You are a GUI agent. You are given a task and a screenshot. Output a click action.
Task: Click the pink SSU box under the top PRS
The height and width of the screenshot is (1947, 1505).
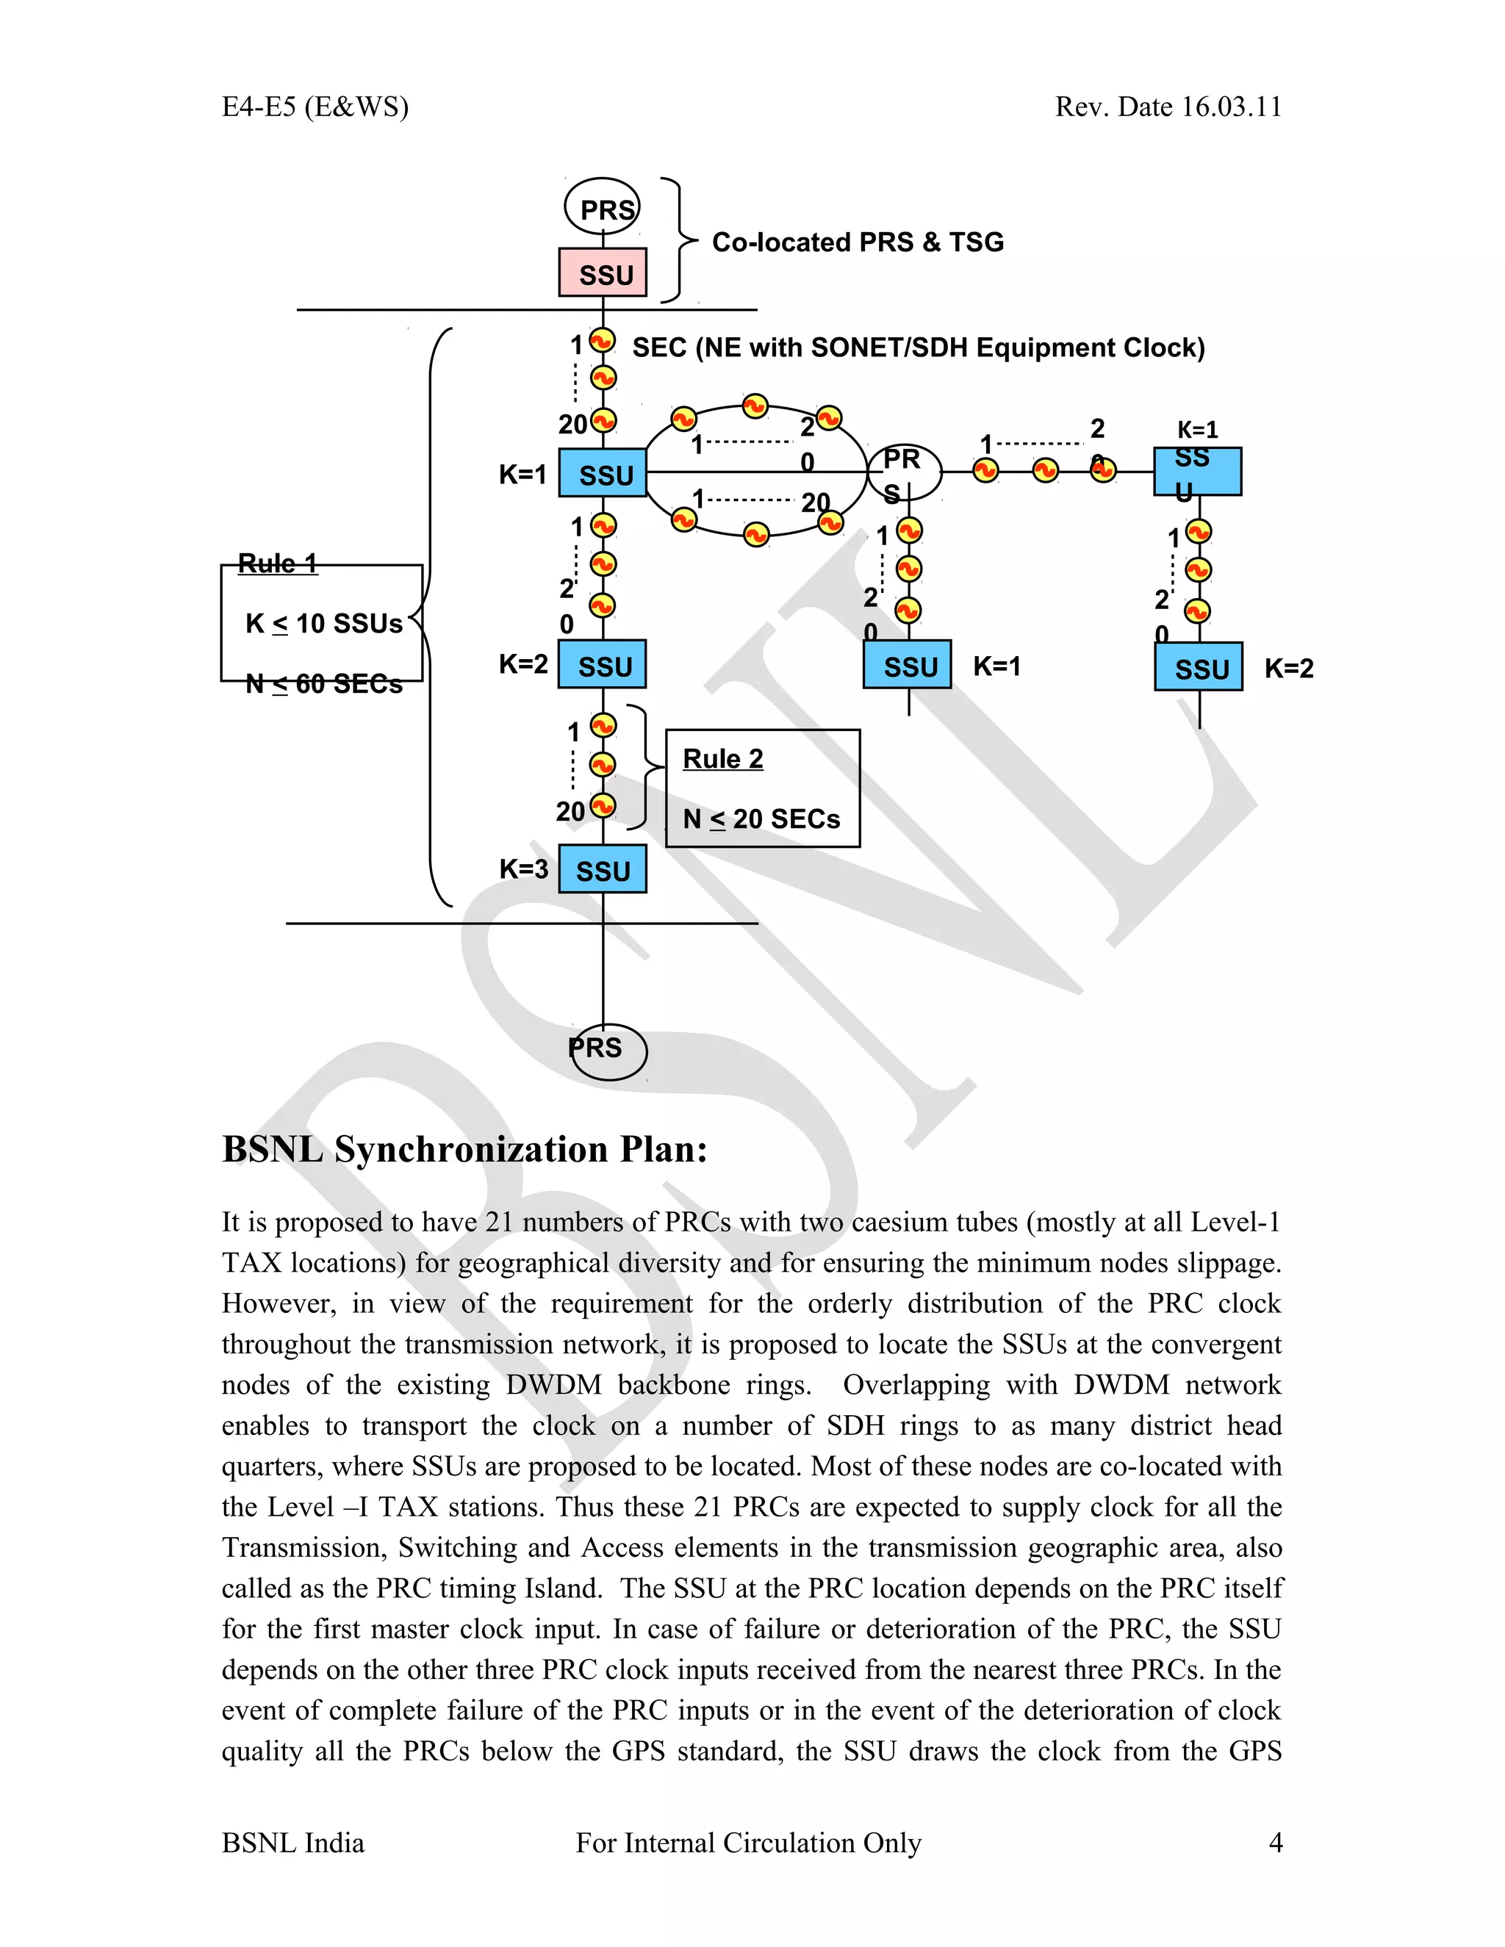pos(603,273)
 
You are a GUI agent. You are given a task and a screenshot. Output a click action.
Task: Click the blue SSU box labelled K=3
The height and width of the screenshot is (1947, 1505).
pos(603,870)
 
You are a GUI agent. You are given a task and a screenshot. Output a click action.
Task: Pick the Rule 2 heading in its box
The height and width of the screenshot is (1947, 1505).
pos(722,759)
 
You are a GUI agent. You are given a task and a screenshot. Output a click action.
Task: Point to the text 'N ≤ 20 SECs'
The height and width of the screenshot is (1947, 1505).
pos(761,818)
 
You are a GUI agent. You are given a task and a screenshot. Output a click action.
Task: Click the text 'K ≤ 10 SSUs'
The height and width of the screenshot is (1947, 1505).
pos(323,623)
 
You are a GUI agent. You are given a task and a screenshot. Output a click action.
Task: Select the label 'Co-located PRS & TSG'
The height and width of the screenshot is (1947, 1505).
pos(858,242)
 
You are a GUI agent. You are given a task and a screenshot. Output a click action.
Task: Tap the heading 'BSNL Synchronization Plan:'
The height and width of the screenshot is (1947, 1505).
pos(464,1149)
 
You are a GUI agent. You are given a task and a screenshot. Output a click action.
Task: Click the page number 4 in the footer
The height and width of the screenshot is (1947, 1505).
pos(1275,1843)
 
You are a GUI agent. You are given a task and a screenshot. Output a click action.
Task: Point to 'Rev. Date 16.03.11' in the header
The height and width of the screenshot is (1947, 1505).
pos(1168,107)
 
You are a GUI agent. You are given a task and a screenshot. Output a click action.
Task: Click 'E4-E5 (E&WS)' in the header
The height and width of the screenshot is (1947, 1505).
pos(315,107)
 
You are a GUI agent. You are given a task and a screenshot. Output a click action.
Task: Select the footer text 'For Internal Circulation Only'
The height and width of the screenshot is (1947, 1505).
pos(748,1843)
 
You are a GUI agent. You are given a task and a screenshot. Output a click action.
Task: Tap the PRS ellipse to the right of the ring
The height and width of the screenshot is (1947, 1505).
pos(904,472)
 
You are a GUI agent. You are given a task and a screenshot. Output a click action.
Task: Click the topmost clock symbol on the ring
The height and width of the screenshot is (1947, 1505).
pos(755,406)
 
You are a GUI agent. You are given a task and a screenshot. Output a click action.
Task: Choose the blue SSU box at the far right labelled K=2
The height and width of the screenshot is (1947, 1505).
pos(1199,667)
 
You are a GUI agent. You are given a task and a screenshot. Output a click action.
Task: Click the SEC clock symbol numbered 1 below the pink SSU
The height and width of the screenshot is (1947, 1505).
pos(603,342)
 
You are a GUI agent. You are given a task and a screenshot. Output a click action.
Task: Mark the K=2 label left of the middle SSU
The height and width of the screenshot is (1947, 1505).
pos(523,663)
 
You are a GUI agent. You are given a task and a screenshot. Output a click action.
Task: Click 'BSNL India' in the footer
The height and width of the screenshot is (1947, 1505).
pos(292,1843)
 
